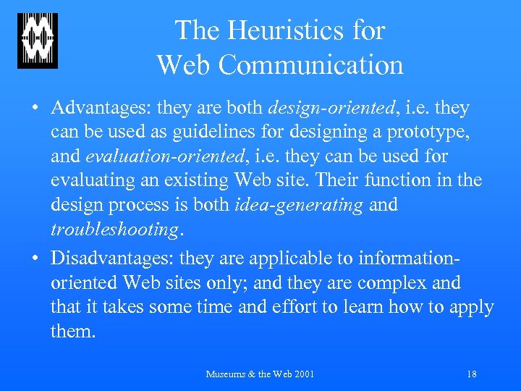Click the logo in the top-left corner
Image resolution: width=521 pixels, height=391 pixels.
(38, 41)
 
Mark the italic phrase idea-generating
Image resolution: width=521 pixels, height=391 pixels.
(299, 206)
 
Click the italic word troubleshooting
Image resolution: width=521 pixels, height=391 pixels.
(114, 230)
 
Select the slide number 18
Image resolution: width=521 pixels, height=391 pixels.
(472, 374)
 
